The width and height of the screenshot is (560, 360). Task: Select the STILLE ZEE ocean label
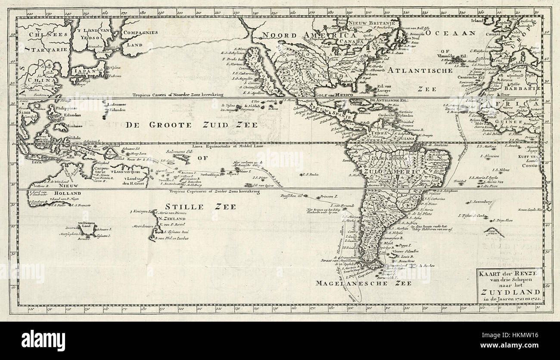(202, 207)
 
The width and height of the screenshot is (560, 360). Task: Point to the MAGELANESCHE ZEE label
(363, 283)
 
